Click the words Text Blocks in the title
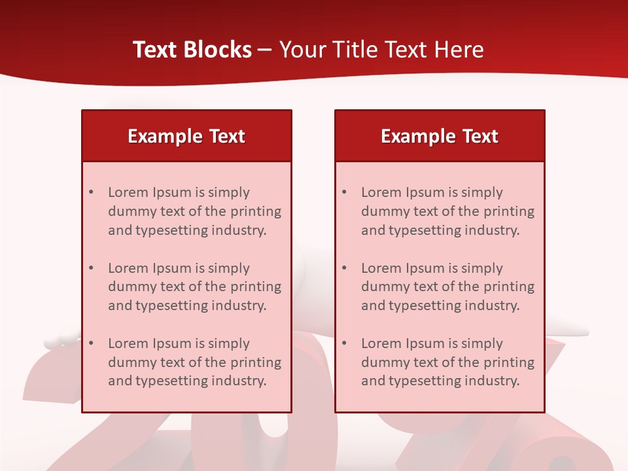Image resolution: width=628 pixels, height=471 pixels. click(x=192, y=50)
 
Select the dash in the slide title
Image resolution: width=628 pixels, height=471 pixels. click(x=266, y=50)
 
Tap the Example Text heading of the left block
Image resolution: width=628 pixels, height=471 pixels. click(x=186, y=136)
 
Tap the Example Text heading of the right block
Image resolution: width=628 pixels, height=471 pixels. click(x=440, y=136)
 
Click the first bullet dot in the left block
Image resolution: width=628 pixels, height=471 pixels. click(x=91, y=192)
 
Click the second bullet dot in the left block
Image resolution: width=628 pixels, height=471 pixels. click(x=91, y=268)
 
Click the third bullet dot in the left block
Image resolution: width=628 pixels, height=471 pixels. click(x=91, y=343)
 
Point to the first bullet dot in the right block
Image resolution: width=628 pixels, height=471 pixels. click(x=344, y=192)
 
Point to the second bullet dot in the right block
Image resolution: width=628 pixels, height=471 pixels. click(x=344, y=268)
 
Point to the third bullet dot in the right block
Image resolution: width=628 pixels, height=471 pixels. click(x=344, y=343)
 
